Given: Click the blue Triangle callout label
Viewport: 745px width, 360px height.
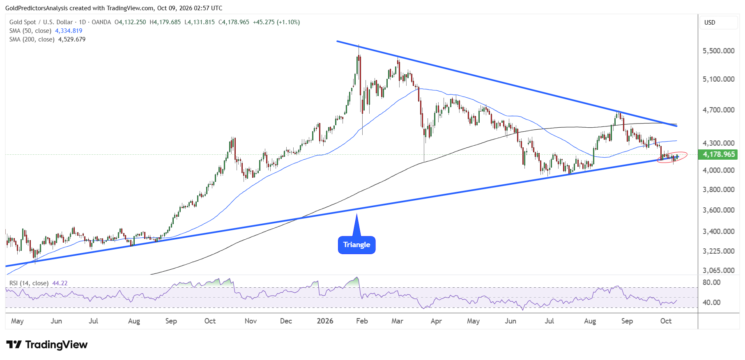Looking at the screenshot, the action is point(356,245).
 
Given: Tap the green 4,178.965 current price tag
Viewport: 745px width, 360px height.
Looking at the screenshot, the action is point(719,154).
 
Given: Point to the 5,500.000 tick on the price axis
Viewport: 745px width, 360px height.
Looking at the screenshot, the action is point(719,51).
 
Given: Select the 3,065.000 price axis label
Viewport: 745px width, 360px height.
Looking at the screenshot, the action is point(719,270).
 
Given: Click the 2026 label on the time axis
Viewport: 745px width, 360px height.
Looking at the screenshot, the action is point(325,321).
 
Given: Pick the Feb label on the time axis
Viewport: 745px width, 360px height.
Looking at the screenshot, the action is point(362,321).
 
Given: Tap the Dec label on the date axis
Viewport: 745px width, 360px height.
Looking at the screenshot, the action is point(286,321).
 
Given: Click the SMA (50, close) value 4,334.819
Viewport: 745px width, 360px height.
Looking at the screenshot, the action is point(69,31).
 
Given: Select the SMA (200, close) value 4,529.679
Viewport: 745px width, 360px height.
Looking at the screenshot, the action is point(72,39).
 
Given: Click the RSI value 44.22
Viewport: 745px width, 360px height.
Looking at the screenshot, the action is point(60,283).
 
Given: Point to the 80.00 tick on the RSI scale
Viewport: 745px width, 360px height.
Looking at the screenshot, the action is point(712,282).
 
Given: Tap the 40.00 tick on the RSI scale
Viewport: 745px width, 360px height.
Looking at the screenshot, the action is point(712,303).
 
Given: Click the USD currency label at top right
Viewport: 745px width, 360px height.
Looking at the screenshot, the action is point(710,23).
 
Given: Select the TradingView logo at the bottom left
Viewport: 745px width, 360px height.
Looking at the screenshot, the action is point(47,344).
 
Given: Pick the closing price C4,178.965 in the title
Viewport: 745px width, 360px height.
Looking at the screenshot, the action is point(234,22).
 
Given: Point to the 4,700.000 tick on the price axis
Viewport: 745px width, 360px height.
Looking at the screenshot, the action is point(719,110).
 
